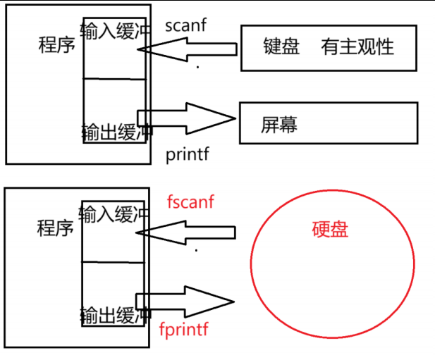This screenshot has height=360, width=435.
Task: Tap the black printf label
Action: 188,153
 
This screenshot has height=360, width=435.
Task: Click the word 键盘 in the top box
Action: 280,47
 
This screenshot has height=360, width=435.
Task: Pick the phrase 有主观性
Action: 357,47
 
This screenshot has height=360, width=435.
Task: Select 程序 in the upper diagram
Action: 56,46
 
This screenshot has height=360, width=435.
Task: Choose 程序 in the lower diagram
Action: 56,228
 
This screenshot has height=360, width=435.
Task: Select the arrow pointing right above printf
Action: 187,117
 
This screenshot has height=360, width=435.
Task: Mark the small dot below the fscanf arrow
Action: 196,251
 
